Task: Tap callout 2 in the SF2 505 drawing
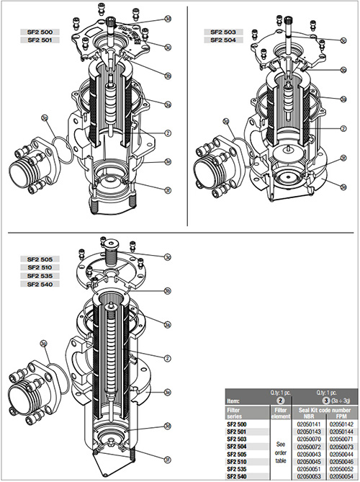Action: click(166, 358)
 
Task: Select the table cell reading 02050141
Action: click(308, 424)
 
